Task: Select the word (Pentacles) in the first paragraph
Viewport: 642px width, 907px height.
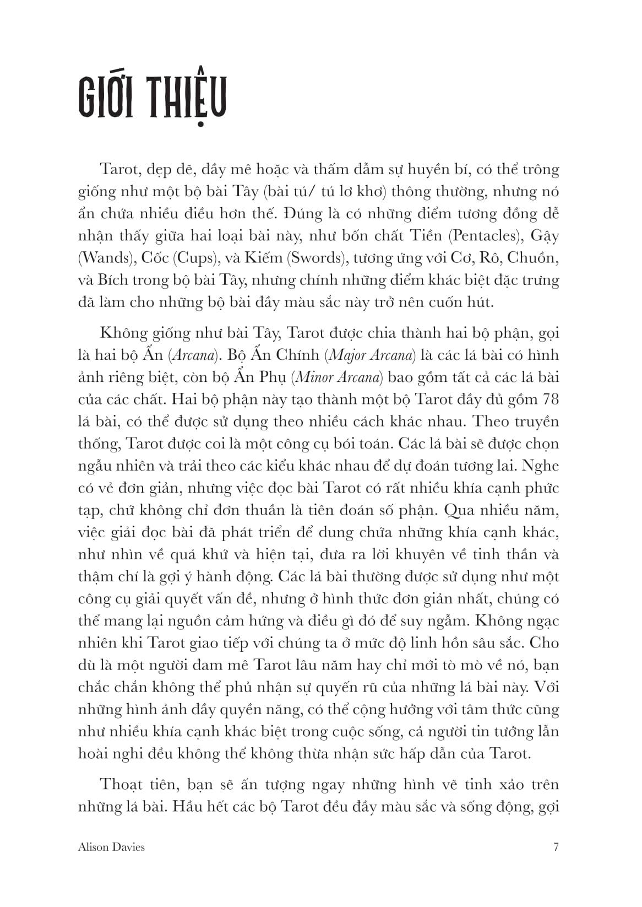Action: (486, 236)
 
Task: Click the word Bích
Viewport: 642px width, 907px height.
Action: (113, 280)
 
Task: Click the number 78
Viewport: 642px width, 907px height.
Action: (549, 399)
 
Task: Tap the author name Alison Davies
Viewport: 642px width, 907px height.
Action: (111, 847)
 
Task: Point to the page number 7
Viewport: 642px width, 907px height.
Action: (556, 847)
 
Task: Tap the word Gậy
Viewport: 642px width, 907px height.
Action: (545, 236)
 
